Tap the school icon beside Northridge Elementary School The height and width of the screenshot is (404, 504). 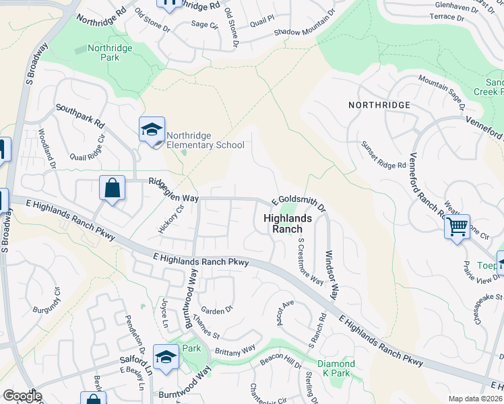click(152, 129)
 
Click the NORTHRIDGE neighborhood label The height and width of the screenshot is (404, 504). click(379, 105)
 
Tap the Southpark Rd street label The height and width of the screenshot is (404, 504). click(80, 116)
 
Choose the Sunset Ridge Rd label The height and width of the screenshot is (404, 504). click(383, 156)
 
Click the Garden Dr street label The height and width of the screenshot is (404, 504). click(220, 310)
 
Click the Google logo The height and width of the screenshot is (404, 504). click(22, 396)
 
